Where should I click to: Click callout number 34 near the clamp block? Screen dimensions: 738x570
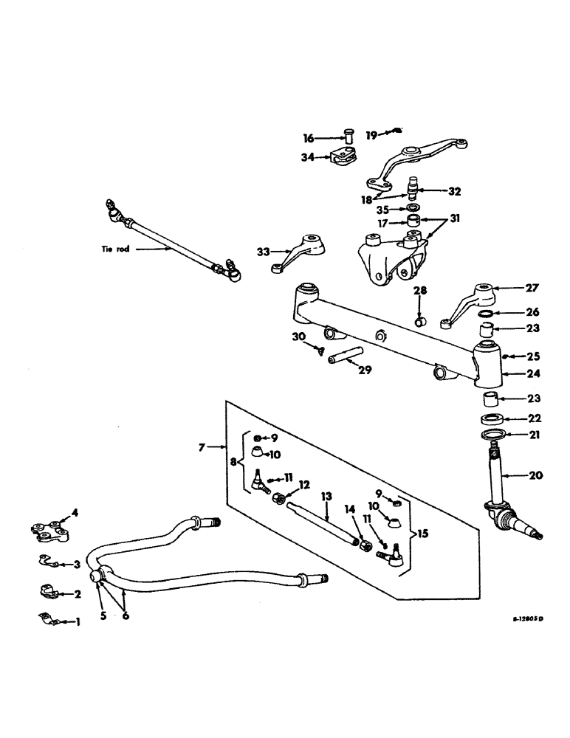(x=309, y=156)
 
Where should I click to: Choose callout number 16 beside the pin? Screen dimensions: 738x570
(x=309, y=138)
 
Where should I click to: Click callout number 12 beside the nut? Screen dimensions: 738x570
(x=303, y=485)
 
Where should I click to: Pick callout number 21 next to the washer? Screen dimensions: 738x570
(x=533, y=435)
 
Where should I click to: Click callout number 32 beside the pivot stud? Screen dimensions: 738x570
(x=455, y=190)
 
